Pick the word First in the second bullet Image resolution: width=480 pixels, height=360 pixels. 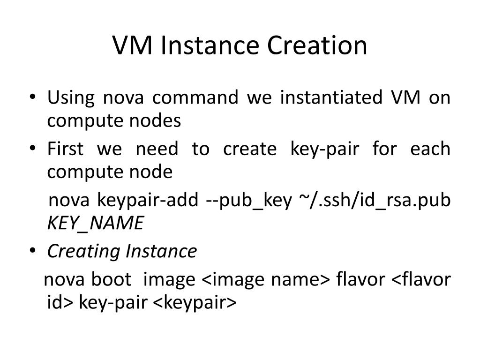[66, 149]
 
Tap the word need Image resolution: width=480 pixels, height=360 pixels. [157, 149]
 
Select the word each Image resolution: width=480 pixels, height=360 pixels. [430, 149]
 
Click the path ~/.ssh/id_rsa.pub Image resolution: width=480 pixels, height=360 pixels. [374, 201]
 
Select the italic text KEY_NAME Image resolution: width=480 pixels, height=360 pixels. [95, 224]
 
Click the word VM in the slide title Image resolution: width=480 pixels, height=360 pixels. [134, 45]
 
